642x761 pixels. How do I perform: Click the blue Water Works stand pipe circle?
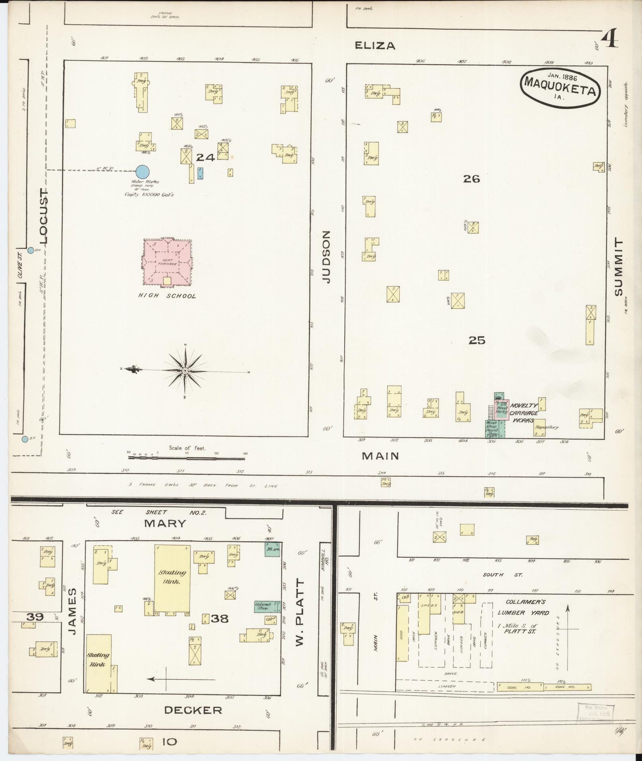[x=142, y=172]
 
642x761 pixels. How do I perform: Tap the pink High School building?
[x=167, y=263]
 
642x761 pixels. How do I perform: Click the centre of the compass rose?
[x=185, y=370]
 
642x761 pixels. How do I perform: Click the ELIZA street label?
[x=375, y=45]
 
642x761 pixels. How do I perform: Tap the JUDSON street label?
[x=327, y=257]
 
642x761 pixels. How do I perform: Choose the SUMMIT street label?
[x=618, y=266]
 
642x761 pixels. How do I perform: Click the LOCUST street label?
[x=44, y=216]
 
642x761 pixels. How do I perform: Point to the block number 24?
[x=206, y=157]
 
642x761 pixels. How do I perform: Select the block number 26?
[x=471, y=178]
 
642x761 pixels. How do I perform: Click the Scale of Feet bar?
[x=187, y=454]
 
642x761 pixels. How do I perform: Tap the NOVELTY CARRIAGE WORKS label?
[x=524, y=412]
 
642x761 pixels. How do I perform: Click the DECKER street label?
[x=193, y=710]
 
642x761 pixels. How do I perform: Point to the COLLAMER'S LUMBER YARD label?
[x=524, y=607]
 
